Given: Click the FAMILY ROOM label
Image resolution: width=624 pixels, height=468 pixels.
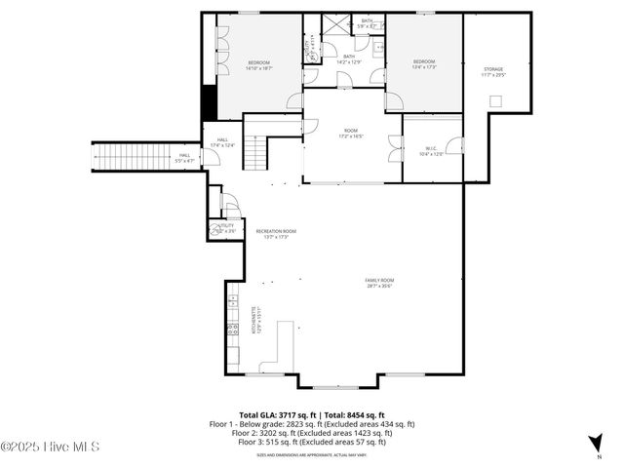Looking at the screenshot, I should (x=381, y=283).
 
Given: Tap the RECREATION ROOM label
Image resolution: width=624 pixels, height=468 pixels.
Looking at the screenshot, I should (x=276, y=233).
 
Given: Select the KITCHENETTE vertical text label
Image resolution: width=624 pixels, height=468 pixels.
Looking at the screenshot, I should (x=255, y=321).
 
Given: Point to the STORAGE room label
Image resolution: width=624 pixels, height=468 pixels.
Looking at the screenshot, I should (x=493, y=72).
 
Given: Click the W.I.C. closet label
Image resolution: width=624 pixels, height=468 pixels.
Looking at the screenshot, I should (x=433, y=151).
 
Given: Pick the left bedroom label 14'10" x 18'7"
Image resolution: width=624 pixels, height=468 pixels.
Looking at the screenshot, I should (x=259, y=65).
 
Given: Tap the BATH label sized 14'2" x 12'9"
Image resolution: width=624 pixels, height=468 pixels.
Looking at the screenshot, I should (x=348, y=59).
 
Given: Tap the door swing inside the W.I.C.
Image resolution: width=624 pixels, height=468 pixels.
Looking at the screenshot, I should (x=395, y=149).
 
